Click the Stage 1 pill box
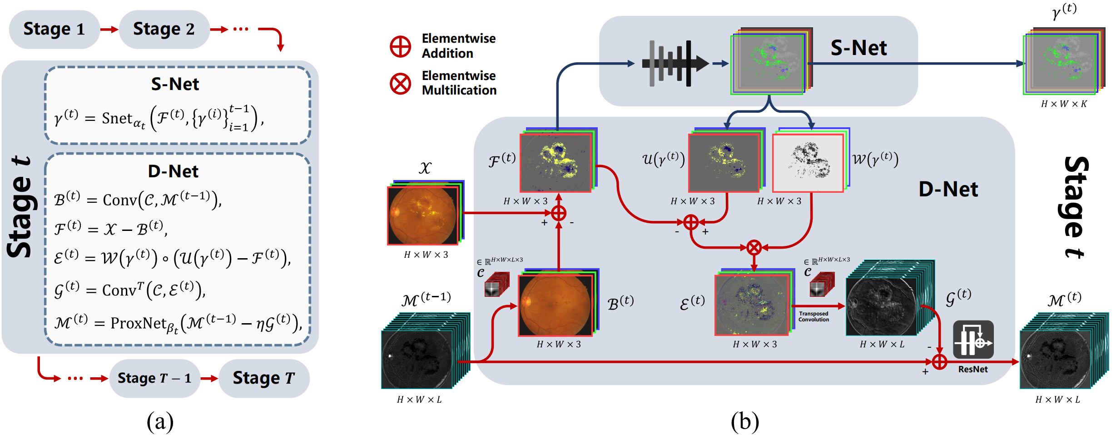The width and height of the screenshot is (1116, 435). pyautogui.click(x=54, y=29)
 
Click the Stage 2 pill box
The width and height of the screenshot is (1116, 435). pyautogui.click(x=164, y=29)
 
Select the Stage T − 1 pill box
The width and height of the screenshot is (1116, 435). pyautogui.click(x=154, y=378)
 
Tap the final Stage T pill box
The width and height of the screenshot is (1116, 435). pyautogui.click(x=263, y=378)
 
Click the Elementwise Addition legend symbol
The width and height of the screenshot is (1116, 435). pyautogui.click(x=400, y=46)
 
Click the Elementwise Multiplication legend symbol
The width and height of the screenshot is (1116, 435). pyautogui.click(x=400, y=84)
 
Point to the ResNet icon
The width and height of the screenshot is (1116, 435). pyautogui.click(x=973, y=340)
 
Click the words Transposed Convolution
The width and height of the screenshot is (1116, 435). pyautogui.click(x=813, y=316)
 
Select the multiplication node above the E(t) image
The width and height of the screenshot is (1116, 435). pyautogui.click(x=754, y=248)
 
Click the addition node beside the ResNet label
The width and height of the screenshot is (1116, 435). pyautogui.click(x=939, y=362)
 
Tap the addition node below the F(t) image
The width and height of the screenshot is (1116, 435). pyautogui.click(x=559, y=213)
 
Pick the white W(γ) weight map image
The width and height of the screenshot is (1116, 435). pyautogui.click(x=808, y=163)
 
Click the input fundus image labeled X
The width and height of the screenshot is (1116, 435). pyautogui.click(x=423, y=215)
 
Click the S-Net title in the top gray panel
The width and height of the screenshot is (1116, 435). pyautogui.click(x=858, y=48)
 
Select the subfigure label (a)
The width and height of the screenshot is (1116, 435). pyautogui.click(x=160, y=421)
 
